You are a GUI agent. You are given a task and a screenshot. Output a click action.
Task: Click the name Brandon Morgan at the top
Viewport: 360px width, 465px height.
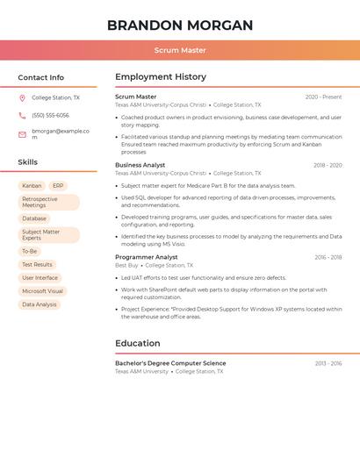coord(180,25)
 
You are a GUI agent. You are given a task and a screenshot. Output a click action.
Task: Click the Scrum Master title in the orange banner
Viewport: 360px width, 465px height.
coord(180,50)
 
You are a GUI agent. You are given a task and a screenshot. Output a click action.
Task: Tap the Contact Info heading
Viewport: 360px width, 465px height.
coord(40,77)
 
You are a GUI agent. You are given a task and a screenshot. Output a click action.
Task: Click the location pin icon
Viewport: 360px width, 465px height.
coord(22,98)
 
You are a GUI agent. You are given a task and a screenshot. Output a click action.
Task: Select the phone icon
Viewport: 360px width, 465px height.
coord(22,115)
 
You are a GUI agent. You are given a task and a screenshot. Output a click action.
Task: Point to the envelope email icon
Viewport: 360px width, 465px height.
coord(22,134)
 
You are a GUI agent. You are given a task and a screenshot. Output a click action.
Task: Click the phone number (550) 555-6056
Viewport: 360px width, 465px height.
coord(50,115)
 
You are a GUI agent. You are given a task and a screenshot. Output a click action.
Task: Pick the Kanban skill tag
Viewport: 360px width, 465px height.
coord(32,186)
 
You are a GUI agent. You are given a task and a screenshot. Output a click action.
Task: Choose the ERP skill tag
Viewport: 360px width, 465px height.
coord(58,186)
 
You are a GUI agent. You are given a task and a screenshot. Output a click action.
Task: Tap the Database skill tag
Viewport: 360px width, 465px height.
coord(34,218)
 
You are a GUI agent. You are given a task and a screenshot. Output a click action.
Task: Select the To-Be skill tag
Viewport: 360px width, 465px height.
coord(29,251)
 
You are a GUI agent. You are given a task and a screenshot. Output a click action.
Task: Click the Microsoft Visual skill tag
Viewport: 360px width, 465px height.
coord(42,291)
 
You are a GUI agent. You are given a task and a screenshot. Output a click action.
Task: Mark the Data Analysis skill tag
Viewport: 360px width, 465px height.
coord(40,304)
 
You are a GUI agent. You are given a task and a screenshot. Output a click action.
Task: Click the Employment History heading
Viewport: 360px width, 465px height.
coord(161,77)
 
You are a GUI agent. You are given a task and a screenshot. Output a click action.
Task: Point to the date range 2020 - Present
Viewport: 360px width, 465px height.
coord(323,97)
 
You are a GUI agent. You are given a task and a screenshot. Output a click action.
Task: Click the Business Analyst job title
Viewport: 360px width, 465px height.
coord(140,165)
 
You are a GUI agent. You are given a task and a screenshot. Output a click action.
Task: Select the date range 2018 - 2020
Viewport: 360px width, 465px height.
coord(328,165)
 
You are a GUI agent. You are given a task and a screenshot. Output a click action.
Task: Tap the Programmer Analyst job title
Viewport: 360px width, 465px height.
coord(146,257)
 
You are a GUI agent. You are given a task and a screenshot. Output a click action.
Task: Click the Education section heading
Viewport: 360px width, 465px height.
coord(138,343)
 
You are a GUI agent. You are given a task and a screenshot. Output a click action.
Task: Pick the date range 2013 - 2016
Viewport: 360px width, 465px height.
coord(328,363)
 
